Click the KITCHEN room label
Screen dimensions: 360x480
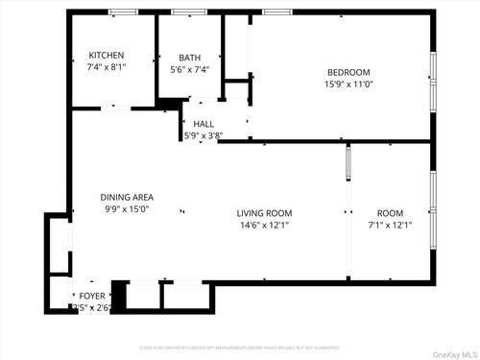pos(107,55)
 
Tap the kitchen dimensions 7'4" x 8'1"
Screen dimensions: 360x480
pos(107,67)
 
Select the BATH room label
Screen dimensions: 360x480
pos(189,58)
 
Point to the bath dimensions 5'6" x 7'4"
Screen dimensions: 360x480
pos(189,70)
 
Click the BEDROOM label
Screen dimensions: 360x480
pos(348,72)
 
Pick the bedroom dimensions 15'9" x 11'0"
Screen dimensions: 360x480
pos(348,84)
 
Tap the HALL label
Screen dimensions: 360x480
pos(204,124)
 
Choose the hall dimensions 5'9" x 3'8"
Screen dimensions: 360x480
pos(204,136)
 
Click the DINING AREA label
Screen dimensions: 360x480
pos(127,197)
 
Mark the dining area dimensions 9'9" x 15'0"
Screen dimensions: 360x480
pos(127,209)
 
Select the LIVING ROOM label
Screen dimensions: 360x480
pos(265,213)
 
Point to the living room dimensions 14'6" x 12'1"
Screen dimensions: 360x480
pos(265,226)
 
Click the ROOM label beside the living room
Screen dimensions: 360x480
pos(390,213)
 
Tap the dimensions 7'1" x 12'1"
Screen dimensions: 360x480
pos(390,226)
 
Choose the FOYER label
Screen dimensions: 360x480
pos(92,295)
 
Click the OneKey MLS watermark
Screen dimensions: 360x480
pos(450,351)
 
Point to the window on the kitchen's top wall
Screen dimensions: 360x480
pos(122,12)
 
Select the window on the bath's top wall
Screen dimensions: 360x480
pos(188,12)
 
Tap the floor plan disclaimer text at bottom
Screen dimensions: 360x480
pos(239,347)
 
